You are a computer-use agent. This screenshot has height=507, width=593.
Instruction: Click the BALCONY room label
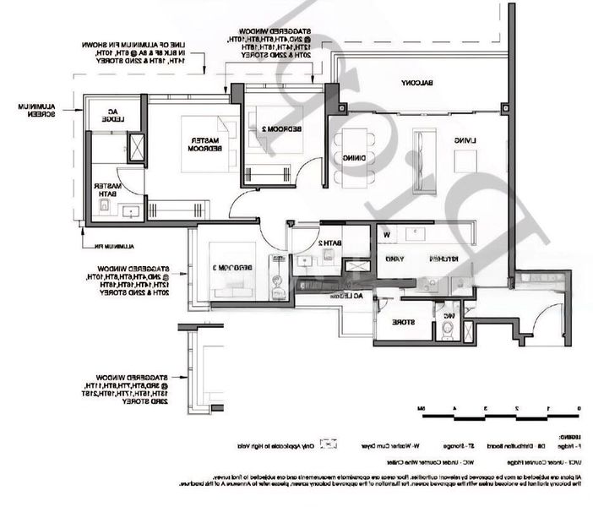pos(411,82)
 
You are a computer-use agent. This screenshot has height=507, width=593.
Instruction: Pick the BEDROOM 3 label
pos(229,268)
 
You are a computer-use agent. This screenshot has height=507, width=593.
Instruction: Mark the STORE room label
pos(401,321)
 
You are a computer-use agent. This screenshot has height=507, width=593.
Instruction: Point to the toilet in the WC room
pos(446,330)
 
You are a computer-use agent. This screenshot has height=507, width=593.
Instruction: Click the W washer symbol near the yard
pos(386,234)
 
